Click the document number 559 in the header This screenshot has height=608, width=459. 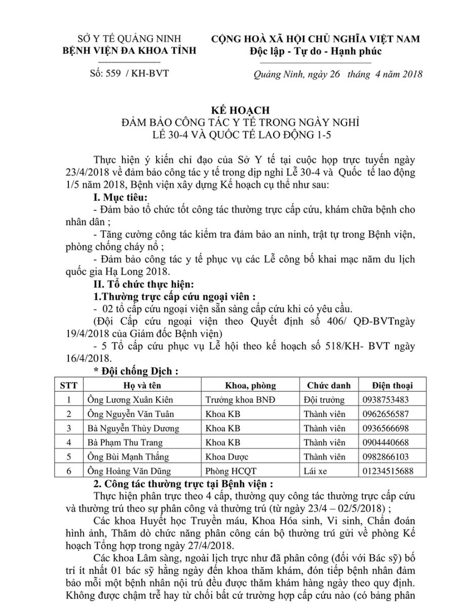[112, 72]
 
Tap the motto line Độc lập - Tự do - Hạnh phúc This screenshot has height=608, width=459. [315, 52]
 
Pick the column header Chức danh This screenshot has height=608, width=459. [328, 385]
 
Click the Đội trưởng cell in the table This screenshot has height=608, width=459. [324, 399]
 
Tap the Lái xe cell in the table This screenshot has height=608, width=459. [316, 471]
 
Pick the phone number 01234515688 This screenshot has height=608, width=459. [388, 471]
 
